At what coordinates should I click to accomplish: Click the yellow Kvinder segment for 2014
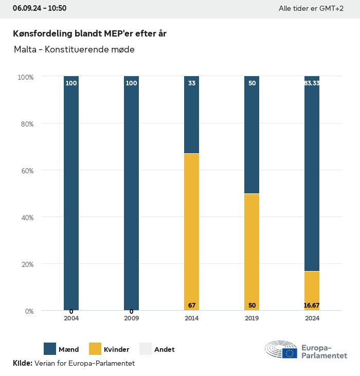[x=191, y=231]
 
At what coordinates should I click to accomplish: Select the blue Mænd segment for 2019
[x=251, y=135]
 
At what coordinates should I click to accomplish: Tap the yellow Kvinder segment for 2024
[x=312, y=291]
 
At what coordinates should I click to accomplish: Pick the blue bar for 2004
[x=71, y=193]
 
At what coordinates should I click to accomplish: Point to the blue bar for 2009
[x=131, y=193]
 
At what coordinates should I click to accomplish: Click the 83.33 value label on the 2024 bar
[x=312, y=83]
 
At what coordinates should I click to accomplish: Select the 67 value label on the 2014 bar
[x=192, y=306]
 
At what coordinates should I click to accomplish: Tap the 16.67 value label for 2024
[x=312, y=306]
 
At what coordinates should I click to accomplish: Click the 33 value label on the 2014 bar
[x=192, y=83]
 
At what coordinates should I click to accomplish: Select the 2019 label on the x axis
[x=252, y=318]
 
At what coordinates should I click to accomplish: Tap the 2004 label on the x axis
[x=71, y=318]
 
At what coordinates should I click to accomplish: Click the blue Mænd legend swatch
[x=50, y=349]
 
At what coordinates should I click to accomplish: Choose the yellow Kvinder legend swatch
[x=95, y=349]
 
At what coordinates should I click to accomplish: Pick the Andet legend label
[x=165, y=349]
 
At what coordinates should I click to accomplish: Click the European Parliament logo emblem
[x=281, y=350]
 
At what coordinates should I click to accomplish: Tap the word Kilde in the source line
[x=22, y=363]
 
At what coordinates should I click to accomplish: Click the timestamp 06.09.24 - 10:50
[x=40, y=8]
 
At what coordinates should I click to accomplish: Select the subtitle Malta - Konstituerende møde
[x=74, y=50]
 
